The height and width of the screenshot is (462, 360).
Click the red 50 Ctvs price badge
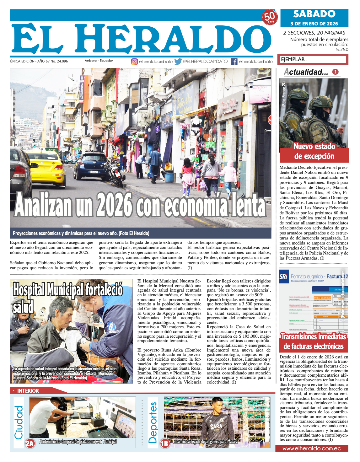coord(269,17)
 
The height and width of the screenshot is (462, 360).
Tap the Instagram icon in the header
coord(134,62)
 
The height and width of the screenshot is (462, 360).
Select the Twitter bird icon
coord(178,62)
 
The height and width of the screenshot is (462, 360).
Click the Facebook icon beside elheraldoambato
coord(234,62)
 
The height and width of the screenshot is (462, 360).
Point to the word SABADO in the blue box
coord(314,14)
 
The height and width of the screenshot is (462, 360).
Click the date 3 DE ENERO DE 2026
coord(314,24)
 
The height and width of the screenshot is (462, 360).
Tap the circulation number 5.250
coord(342,50)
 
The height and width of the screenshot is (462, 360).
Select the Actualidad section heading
coord(306,72)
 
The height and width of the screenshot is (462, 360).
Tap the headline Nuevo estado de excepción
coord(314,151)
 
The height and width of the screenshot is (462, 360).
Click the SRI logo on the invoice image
coord(284,276)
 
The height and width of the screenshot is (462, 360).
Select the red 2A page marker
coord(30,443)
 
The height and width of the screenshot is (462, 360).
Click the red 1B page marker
coord(165,443)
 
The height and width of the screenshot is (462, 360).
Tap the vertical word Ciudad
coord(19,422)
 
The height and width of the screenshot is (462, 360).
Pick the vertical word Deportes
coord(153,422)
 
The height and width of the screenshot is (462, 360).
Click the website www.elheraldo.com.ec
coord(312,449)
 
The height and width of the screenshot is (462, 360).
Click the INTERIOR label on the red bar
coord(28,391)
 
